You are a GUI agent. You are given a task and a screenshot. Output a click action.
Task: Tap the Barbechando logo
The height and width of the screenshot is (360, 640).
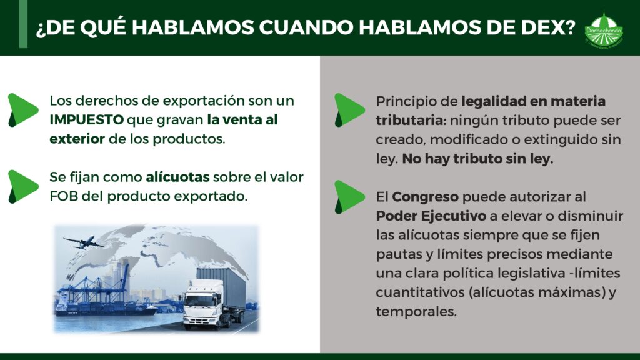(604, 30)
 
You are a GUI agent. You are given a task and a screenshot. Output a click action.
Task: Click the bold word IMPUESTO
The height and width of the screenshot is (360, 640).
(86, 119)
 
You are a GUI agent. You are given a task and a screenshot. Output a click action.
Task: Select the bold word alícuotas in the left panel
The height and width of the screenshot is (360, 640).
(177, 177)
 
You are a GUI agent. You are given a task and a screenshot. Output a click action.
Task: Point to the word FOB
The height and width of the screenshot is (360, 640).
(64, 196)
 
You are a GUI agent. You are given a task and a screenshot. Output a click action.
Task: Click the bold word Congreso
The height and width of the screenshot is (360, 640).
(425, 197)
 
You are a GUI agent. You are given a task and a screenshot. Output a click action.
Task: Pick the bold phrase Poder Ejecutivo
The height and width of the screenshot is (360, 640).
(431, 216)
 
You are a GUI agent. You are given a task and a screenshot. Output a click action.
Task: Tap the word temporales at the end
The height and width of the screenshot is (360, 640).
(416, 312)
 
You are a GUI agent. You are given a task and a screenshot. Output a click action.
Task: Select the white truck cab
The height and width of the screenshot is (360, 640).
(202, 304)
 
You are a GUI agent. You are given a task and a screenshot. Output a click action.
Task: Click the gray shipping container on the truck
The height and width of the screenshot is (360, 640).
(222, 287)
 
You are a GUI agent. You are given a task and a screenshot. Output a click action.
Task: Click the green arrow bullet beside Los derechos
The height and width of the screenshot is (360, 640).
(23, 110)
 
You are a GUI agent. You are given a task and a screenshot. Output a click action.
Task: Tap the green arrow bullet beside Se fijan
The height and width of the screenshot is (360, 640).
(23, 186)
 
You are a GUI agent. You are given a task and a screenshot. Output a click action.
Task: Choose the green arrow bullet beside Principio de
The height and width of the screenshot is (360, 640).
(349, 110)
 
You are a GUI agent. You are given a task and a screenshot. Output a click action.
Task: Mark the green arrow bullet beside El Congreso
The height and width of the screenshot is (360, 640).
(349, 197)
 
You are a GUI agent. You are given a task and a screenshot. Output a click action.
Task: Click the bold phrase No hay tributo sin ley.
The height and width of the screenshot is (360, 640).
(477, 159)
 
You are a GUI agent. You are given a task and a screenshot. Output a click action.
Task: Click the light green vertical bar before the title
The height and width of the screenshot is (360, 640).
(23, 24)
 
